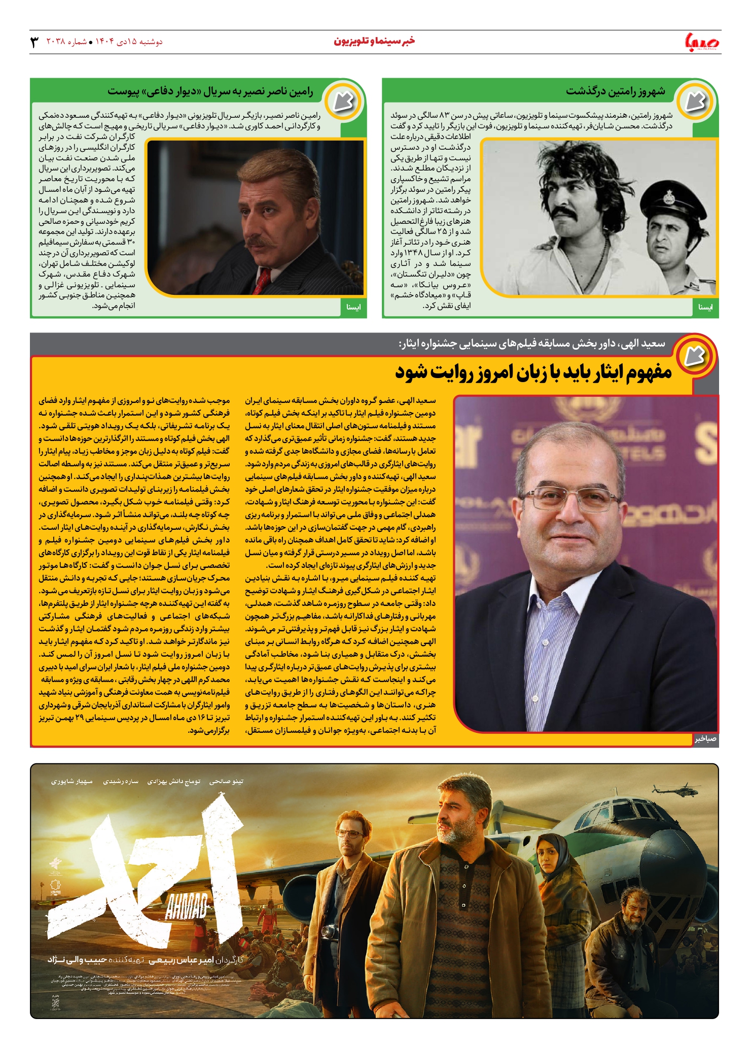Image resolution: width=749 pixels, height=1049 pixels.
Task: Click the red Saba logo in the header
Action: [702, 42]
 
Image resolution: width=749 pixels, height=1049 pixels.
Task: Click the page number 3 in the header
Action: [34, 42]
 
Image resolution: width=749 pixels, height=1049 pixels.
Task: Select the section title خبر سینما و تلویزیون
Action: [374, 41]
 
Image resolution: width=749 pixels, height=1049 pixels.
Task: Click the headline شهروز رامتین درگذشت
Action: [615, 92]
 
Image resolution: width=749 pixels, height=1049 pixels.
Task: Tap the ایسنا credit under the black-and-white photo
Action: [705, 307]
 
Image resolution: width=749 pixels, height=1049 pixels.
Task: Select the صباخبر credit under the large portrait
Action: [705, 739]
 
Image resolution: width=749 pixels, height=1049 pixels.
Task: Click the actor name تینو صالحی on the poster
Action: [226, 782]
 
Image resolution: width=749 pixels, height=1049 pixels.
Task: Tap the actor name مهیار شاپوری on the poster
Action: [72, 782]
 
